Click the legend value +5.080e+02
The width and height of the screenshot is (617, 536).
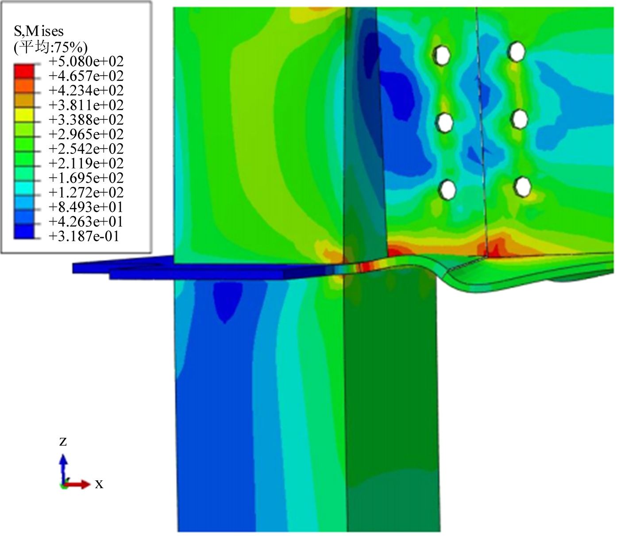(x=86, y=61)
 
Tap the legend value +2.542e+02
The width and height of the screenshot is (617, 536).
(x=86, y=149)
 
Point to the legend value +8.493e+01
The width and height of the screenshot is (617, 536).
(x=86, y=207)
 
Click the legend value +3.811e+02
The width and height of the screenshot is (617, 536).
(x=86, y=105)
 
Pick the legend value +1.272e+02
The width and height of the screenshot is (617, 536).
(x=86, y=192)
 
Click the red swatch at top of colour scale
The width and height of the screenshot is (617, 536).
(x=24, y=71)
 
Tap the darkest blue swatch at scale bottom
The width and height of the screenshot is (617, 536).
(x=24, y=232)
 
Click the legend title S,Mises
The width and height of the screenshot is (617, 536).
(x=39, y=31)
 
